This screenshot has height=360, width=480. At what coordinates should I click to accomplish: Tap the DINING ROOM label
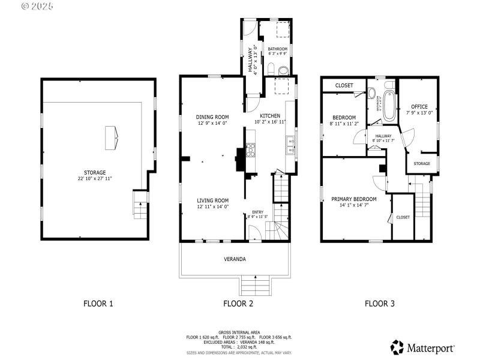point(212,117)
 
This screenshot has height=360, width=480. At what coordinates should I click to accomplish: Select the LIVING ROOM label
point(213,200)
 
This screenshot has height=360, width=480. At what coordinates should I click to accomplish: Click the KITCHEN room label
point(270,116)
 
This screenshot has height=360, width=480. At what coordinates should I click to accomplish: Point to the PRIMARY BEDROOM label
point(354,199)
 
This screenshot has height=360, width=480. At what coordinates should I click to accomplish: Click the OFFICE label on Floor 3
point(419,107)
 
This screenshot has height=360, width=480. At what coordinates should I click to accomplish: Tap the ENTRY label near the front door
point(257,212)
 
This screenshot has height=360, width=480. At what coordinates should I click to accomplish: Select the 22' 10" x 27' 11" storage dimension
point(95,179)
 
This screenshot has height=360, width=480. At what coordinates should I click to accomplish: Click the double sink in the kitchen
point(290,145)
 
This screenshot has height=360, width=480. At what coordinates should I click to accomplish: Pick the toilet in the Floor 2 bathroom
point(270,68)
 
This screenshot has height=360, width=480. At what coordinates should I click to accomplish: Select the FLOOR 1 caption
point(98,304)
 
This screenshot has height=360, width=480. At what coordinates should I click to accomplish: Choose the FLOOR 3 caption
point(380,304)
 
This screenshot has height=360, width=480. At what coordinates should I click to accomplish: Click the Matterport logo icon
point(397,347)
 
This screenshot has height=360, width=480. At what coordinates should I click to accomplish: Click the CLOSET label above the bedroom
point(344,85)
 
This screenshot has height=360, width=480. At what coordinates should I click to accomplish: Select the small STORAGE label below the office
point(422,163)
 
